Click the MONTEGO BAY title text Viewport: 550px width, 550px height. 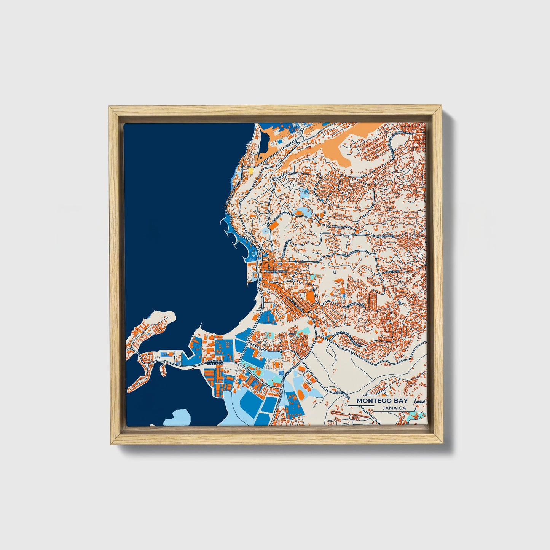pyautogui.click(x=382, y=400)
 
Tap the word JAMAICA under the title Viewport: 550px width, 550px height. pyautogui.click(x=395, y=408)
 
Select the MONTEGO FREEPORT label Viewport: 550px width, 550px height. pyautogui.click(x=215, y=362)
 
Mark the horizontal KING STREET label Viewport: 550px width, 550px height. pyautogui.click(x=386, y=236)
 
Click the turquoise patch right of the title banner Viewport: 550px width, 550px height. pyautogui.click(x=412, y=418)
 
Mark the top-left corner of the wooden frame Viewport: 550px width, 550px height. pyautogui.click(x=109, y=107)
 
